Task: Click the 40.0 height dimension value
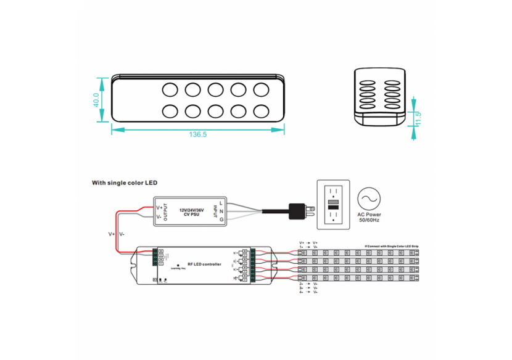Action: pos(96,99)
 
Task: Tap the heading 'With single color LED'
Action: pos(125,183)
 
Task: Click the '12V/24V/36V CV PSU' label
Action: pos(191,211)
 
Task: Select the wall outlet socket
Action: pos(332,203)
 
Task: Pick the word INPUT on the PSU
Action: pos(215,211)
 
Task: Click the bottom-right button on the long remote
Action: pos(260,111)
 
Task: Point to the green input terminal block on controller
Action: pos(161,258)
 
